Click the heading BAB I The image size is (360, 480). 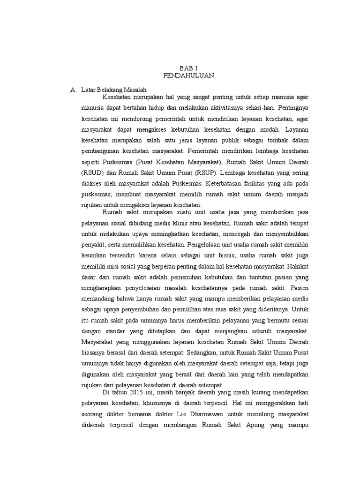[189, 67]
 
